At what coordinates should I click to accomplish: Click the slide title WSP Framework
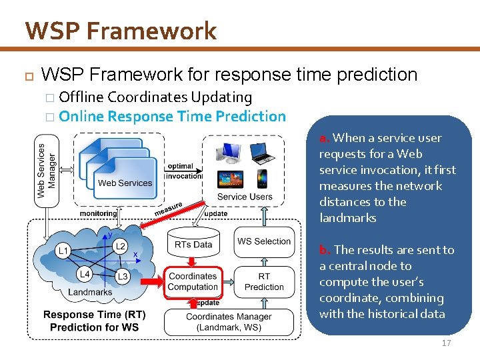click(x=121, y=31)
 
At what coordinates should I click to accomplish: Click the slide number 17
click(x=446, y=343)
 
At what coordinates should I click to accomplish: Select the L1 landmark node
click(x=63, y=251)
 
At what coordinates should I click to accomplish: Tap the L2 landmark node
click(x=120, y=247)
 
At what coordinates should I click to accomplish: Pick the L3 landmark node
click(x=122, y=276)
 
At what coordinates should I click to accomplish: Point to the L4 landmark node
click(x=85, y=274)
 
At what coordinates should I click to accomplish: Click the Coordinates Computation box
click(x=193, y=281)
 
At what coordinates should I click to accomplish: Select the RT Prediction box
click(x=264, y=281)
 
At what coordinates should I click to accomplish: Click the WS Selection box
click(x=264, y=241)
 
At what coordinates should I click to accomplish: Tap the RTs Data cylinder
click(x=193, y=244)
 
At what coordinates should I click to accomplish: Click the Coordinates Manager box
click(x=229, y=321)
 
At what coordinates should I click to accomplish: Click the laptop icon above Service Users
click(x=261, y=157)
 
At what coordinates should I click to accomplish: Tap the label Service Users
click(x=245, y=197)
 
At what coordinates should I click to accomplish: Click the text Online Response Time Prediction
click(x=172, y=116)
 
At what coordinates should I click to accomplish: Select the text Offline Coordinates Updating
click(x=155, y=97)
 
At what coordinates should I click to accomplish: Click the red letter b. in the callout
click(x=325, y=250)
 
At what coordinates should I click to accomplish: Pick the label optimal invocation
click(x=181, y=171)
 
